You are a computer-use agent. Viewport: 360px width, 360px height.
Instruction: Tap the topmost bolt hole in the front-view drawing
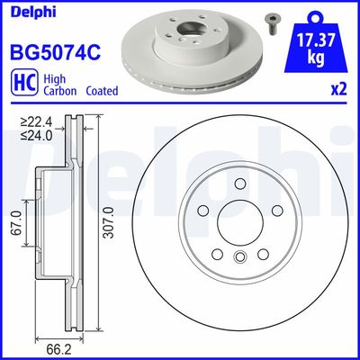click(239, 185)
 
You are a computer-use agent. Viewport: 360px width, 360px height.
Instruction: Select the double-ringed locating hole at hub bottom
click(239, 259)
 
